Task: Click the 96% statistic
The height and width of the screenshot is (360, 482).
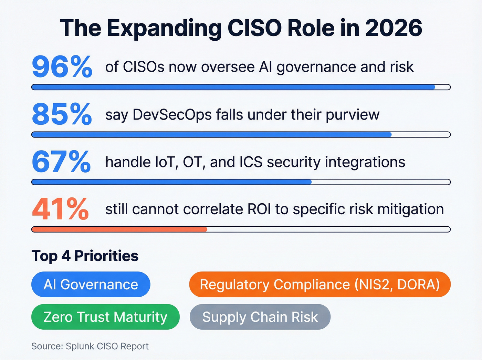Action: (x=62, y=67)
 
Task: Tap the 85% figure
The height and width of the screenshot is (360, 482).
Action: (x=62, y=114)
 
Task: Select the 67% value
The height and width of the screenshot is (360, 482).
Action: (x=61, y=162)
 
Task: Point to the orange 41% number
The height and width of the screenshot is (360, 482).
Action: (x=61, y=209)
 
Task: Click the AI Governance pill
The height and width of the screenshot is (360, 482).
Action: (x=91, y=285)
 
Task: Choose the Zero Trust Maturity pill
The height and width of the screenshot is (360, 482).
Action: (x=105, y=317)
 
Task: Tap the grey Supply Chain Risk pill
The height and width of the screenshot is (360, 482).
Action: (x=260, y=317)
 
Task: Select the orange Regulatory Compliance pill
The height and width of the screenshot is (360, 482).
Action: (x=320, y=285)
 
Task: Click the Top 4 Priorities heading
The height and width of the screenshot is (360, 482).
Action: (x=85, y=256)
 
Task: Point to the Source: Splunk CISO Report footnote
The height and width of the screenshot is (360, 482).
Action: (x=90, y=346)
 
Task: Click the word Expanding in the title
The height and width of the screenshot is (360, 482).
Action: (x=165, y=29)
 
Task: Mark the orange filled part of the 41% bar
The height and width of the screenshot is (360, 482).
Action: (x=119, y=229)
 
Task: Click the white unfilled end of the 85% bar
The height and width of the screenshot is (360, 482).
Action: (x=421, y=135)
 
